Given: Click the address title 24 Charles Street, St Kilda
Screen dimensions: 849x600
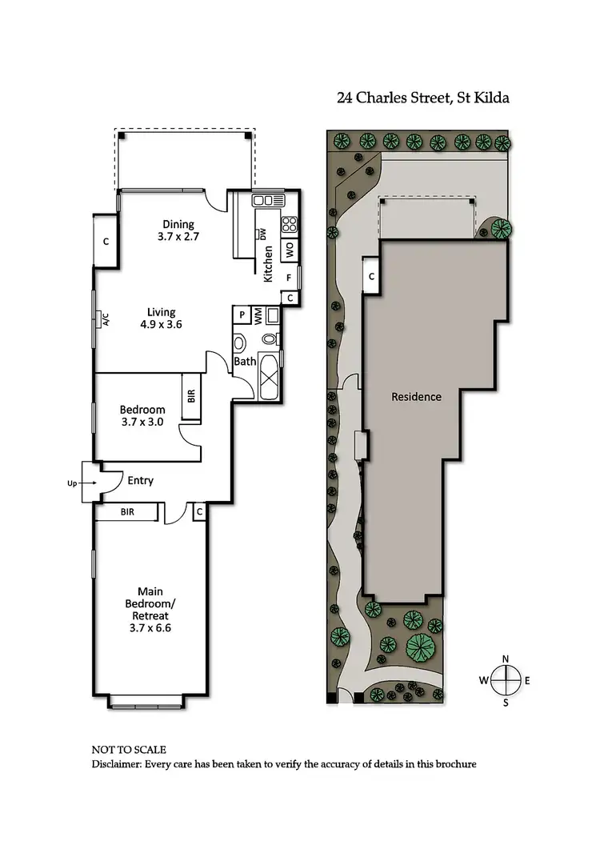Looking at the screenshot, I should tap(423, 98).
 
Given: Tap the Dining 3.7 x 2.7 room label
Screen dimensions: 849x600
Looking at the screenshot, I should tap(178, 230).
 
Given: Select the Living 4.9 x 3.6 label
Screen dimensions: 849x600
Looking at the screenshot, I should tap(162, 318).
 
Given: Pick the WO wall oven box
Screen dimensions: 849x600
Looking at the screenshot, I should tap(289, 249).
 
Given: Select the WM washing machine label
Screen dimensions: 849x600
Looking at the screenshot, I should tap(258, 316).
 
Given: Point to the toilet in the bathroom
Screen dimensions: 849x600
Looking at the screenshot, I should tap(240, 343).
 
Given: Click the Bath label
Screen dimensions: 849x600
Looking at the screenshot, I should tap(245, 362).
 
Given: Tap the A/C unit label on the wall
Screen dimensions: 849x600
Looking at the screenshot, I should tap(105, 320).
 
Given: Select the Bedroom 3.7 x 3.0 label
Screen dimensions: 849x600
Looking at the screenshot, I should tap(142, 415).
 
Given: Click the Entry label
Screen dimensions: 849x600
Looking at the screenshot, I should tap(140, 481).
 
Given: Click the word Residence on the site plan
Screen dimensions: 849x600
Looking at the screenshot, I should tap(416, 397).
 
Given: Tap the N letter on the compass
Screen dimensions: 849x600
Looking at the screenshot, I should tap(506, 659).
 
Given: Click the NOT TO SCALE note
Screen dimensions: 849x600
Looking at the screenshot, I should tap(129, 750).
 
